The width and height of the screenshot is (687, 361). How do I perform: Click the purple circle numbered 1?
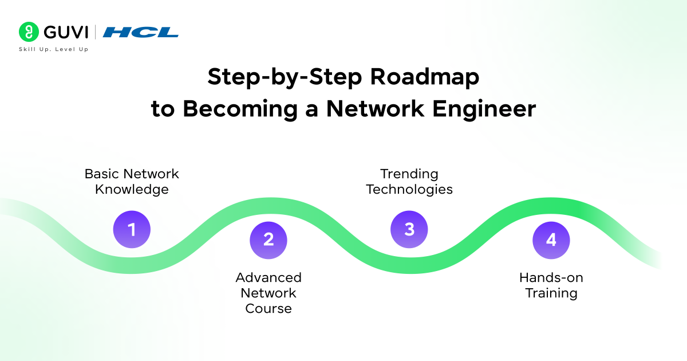click(132, 230)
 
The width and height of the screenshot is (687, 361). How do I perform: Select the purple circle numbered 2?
click(269, 240)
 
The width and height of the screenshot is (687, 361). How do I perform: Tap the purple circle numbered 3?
click(409, 230)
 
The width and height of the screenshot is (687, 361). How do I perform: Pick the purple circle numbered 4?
click(551, 240)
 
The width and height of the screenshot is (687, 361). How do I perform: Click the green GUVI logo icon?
click(29, 32)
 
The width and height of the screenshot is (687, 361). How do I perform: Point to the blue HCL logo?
click(140, 32)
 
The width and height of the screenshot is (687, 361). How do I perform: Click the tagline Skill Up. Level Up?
click(53, 49)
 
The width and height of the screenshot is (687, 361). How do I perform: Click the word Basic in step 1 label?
click(103, 174)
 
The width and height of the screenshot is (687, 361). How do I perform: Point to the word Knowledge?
click(132, 189)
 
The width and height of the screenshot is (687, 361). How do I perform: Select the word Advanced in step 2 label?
click(269, 277)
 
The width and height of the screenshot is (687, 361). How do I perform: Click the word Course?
click(269, 308)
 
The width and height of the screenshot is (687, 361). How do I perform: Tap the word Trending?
click(409, 174)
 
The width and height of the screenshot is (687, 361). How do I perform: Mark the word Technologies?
click(409, 189)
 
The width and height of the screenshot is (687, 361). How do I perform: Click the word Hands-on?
click(551, 277)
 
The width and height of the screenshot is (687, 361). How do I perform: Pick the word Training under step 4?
click(551, 293)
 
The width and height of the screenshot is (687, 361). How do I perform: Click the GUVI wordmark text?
click(64, 32)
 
